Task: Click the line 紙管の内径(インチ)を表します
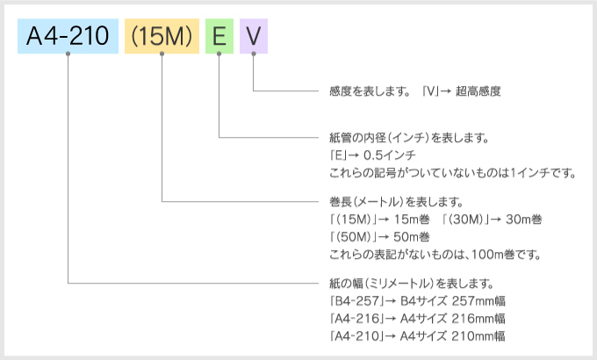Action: pos(407,139)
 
